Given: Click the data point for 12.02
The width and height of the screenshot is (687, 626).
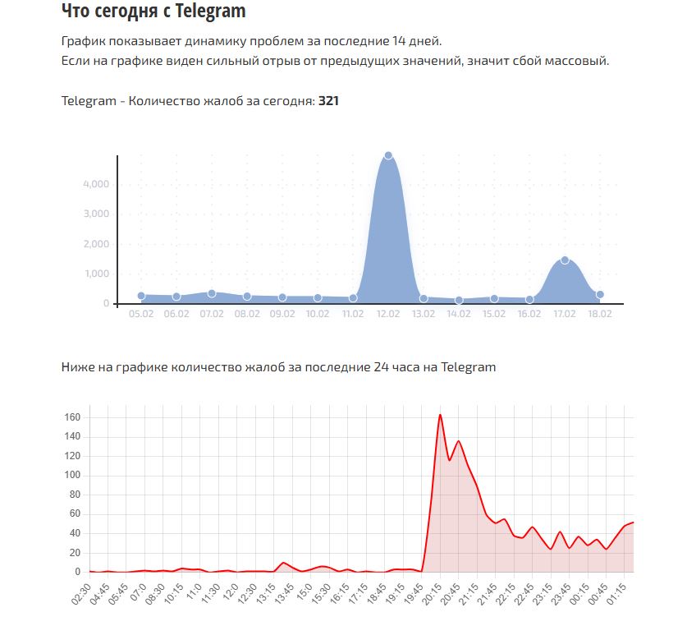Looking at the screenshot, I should coord(388,155).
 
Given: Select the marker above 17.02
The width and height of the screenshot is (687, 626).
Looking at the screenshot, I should coord(565,260).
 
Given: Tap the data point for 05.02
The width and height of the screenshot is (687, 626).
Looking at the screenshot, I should coord(141,296).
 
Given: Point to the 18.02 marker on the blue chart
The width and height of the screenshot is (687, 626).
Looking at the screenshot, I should coord(600,294).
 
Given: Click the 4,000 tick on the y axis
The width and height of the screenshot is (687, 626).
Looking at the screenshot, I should coord(96,184).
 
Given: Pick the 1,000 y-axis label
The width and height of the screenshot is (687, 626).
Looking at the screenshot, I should coord(96,274).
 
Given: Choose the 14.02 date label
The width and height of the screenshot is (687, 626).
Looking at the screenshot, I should coord(459,314).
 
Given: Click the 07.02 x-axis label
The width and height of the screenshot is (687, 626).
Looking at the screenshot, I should coord(212,314).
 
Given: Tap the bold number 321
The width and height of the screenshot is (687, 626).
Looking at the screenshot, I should coord(328,101).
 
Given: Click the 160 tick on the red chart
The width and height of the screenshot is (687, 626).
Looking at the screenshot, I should coord(72,417).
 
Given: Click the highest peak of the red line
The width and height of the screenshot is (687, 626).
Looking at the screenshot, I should coord(440,415).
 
